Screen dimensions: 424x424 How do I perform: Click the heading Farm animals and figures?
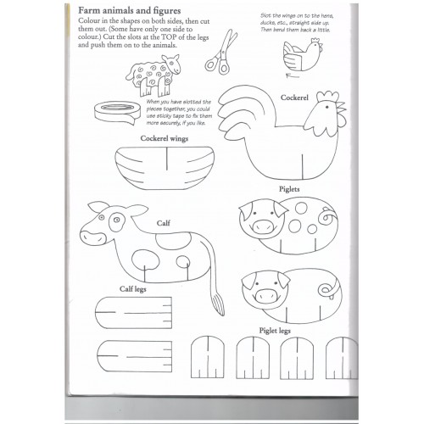click(129, 11)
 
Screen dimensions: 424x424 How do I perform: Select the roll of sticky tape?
click(117, 113)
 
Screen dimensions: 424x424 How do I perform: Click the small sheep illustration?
click(153, 75)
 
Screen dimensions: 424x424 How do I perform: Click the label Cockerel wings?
click(165, 138)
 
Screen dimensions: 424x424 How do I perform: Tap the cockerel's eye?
click(326, 108)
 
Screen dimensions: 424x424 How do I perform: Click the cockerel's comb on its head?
click(328, 96)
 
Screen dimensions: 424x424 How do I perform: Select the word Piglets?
click(289, 189)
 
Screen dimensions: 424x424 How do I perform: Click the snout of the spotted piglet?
click(263, 226)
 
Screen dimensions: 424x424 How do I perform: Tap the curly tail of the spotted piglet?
click(328, 216)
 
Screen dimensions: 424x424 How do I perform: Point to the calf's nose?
click(92, 237)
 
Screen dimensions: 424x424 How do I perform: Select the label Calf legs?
click(133, 289)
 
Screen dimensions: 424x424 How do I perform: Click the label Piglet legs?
click(275, 331)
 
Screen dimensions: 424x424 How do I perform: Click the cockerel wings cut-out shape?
click(165, 168)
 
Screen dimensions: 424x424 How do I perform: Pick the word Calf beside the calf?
click(164, 223)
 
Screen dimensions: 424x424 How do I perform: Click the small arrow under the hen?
click(293, 75)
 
